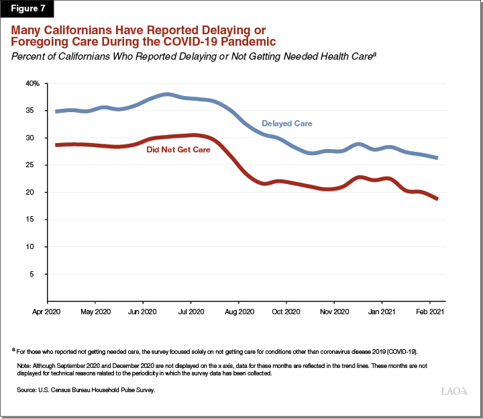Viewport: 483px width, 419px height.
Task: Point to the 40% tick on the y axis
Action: pos(34,83)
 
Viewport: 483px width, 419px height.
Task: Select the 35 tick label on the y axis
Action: pos(36,111)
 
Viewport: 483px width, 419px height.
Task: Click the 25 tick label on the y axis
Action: pos(36,165)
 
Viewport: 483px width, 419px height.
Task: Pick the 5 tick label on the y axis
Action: pos(38,274)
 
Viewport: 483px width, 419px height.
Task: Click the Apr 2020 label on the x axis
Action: pos(48,312)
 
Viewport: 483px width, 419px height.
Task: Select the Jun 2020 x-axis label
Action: pos(143,312)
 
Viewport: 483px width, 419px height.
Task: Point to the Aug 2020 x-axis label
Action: pos(238,312)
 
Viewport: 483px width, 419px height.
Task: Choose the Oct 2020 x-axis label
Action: pos(286,312)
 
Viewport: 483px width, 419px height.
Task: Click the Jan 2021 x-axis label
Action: pos(382,312)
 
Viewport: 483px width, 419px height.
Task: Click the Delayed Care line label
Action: pos(286,124)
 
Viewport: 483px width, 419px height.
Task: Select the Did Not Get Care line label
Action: pos(178,149)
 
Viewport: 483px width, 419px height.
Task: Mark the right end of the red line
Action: pos(437,199)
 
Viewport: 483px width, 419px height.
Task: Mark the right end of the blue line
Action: pos(437,158)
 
